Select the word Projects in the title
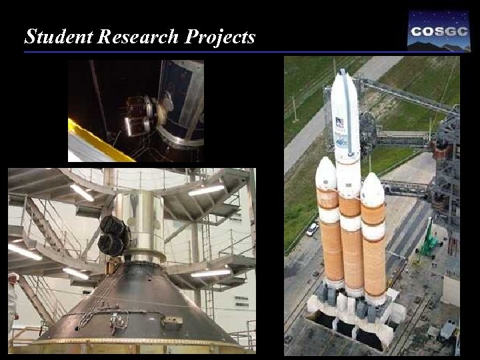click(x=219, y=37)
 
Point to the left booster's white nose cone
click(x=325, y=173)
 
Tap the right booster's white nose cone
click(x=372, y=189)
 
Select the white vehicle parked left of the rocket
click(x=312, y=229)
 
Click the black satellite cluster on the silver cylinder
click(x=114, y=235)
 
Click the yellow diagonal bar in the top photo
click(x=100, y=141)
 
